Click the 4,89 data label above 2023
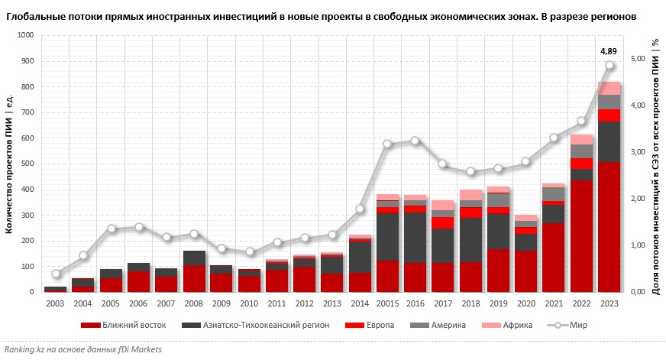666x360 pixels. coord(609,51)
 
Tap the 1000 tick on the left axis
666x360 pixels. coord(25,35)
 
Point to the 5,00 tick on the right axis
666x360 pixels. coord(636,59)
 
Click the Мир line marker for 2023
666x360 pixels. coord(609,65)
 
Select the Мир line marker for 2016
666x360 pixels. coord(415,141)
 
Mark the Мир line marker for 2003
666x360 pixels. coord(55,274)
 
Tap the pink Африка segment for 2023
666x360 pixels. coord(609,88)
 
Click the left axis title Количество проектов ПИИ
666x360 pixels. coord(8,164)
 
